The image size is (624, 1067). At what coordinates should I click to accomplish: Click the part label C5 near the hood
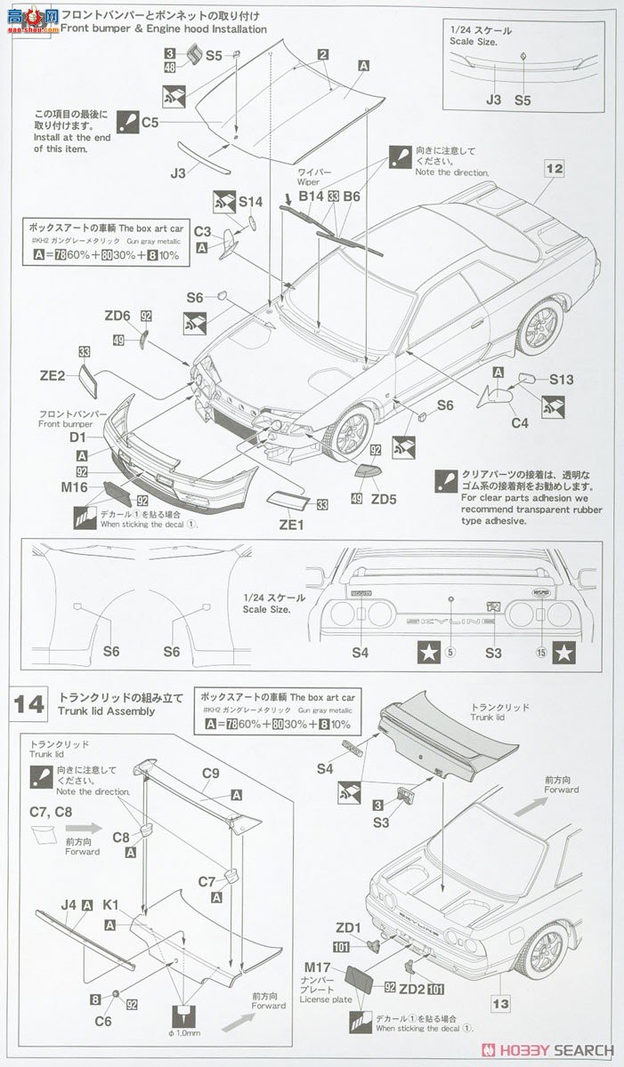click(x=150, y=122)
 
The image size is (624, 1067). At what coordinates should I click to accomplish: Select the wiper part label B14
click(x=311, y=196)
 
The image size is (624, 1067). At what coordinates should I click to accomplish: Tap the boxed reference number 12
click(x=555, y=168)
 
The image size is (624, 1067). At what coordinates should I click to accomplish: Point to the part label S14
click(x=250, y=202)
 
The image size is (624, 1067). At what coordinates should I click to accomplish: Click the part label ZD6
click(x=117, y=316)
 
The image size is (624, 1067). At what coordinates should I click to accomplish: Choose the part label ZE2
click(x=53, y=375)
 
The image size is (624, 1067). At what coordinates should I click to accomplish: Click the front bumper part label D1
click(x=77, y=437)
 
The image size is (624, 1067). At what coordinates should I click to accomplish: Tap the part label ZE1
click(x=291, y=525)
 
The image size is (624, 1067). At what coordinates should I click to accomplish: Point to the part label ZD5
click(x=384, y=499)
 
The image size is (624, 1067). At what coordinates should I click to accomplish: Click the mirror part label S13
click(x=561, y=380)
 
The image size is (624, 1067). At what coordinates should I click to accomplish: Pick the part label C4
click(x=520, y=423)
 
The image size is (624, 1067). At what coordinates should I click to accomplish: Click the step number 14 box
click(x=29, y=704)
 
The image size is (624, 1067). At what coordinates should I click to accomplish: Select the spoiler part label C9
click(x=210, y=774)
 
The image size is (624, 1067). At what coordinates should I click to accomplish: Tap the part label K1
click(x=110, y=905)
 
